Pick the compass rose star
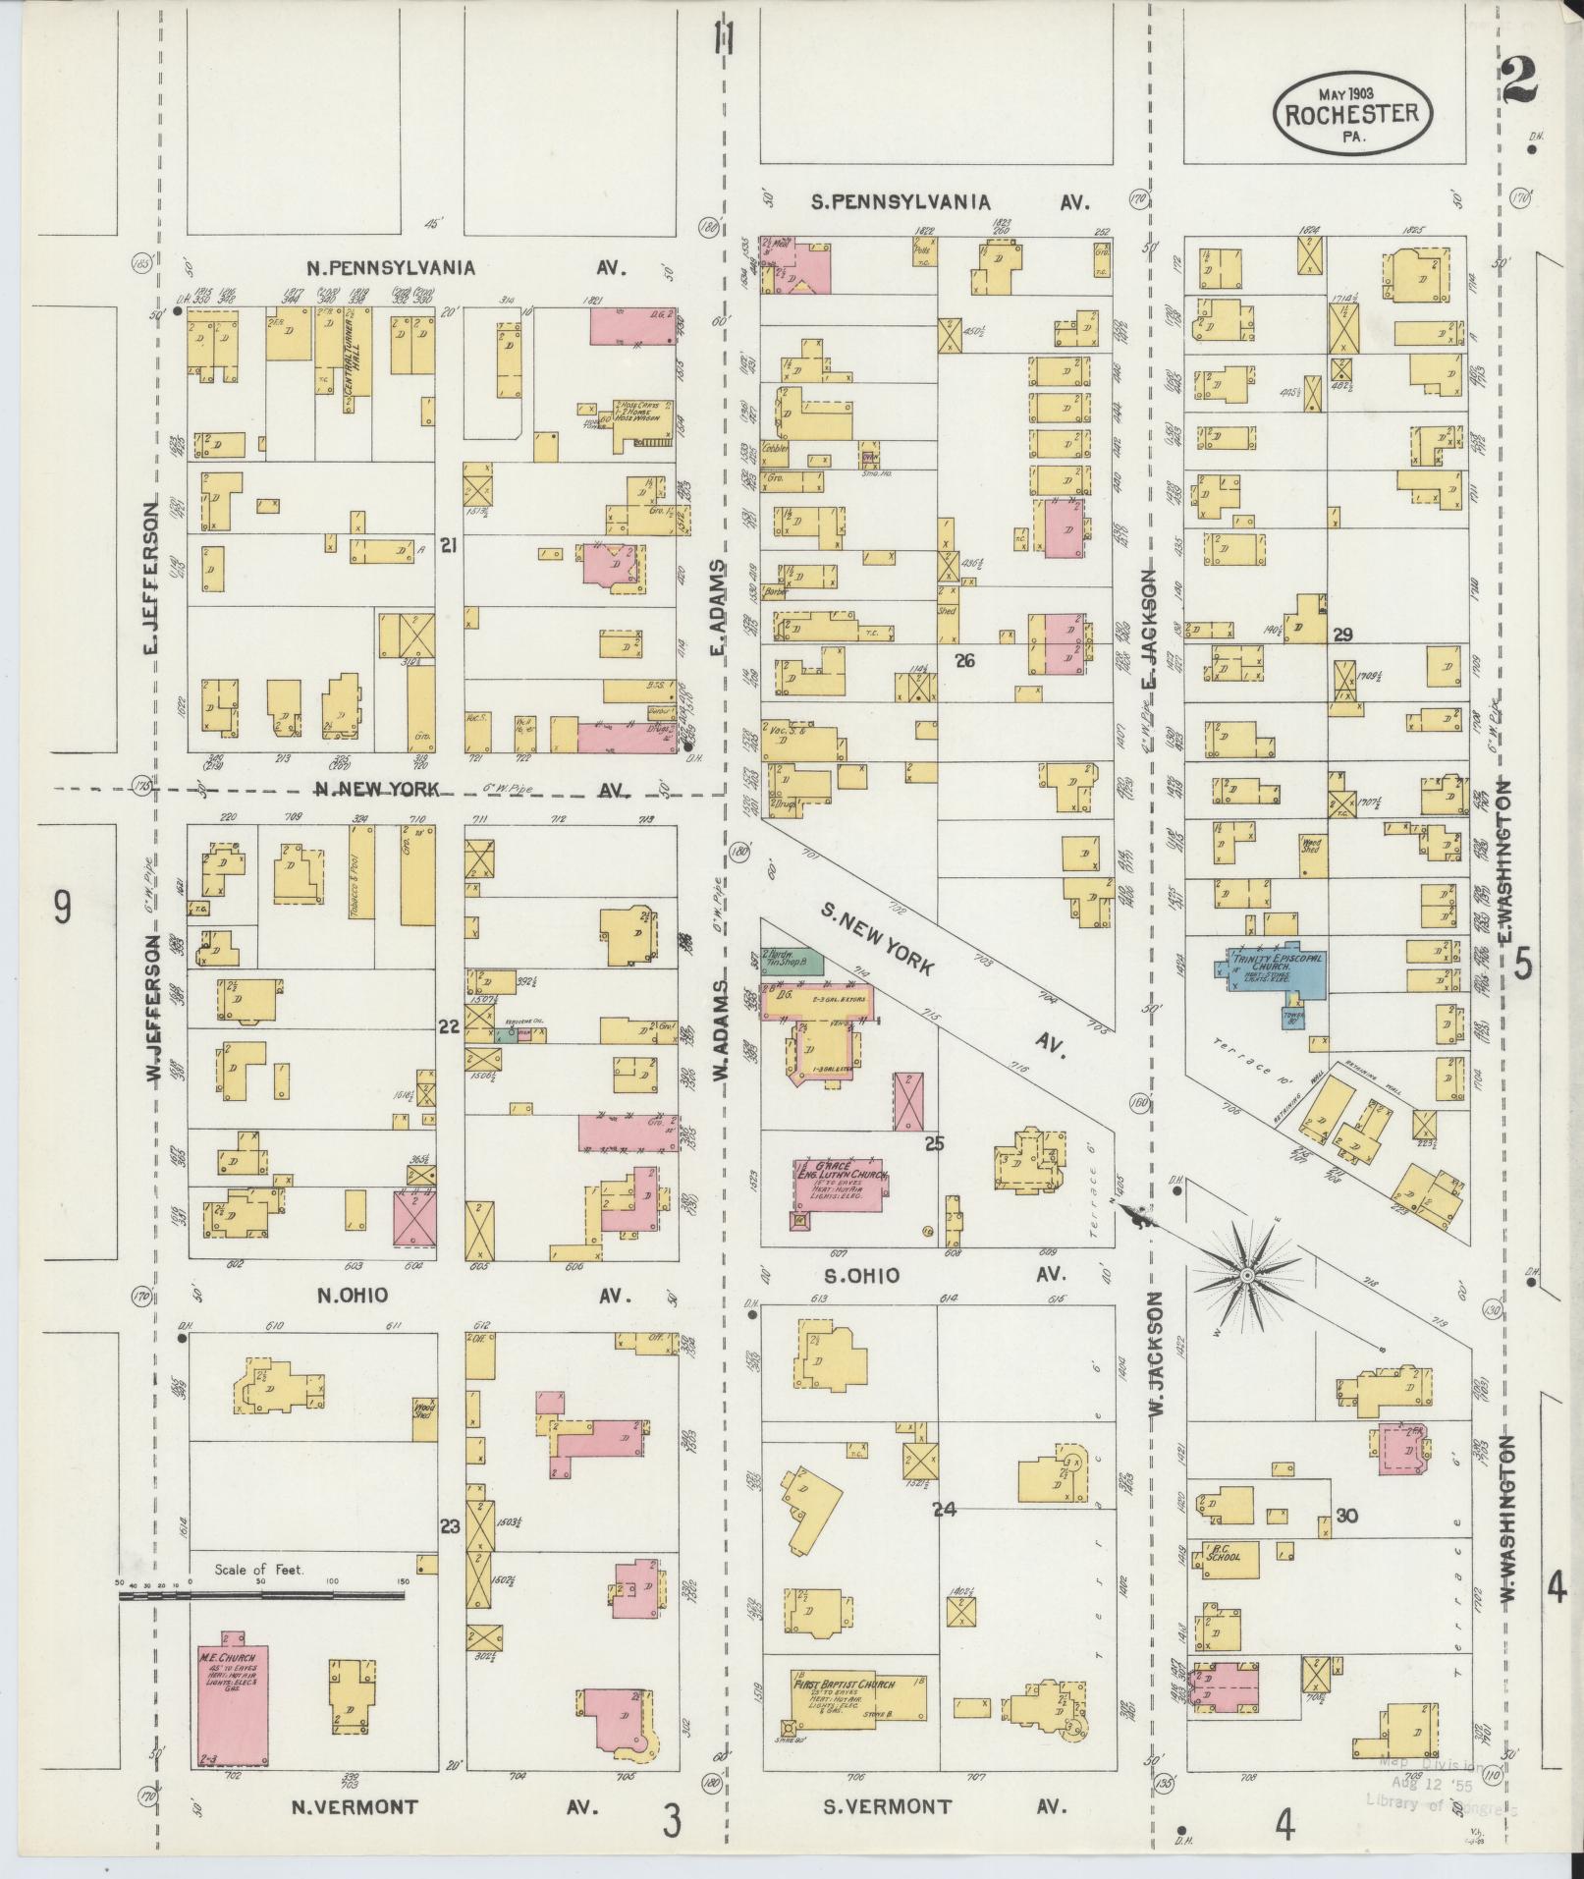coord(1244,1276)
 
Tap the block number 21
coord(450,546)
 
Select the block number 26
coord(964,661)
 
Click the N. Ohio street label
coord(352,1296)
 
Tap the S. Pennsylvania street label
coord(900,202)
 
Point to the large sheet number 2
coord(1520,83)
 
